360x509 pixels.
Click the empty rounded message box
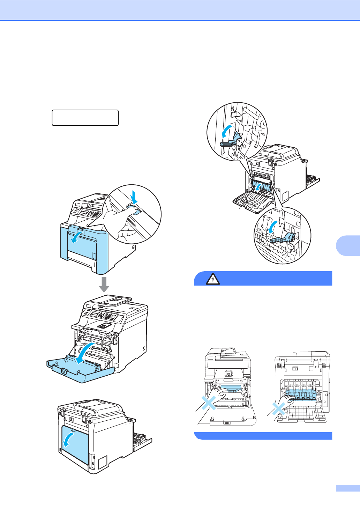coord(85,118)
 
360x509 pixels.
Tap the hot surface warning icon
coord(212,279)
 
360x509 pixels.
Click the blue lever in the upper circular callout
coord(232,141)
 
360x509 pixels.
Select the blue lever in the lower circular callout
coord(283,239)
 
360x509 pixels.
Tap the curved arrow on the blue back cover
coord(68,439)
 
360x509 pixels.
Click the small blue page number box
coord(347,488)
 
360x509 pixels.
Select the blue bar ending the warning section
coord(263,436)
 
